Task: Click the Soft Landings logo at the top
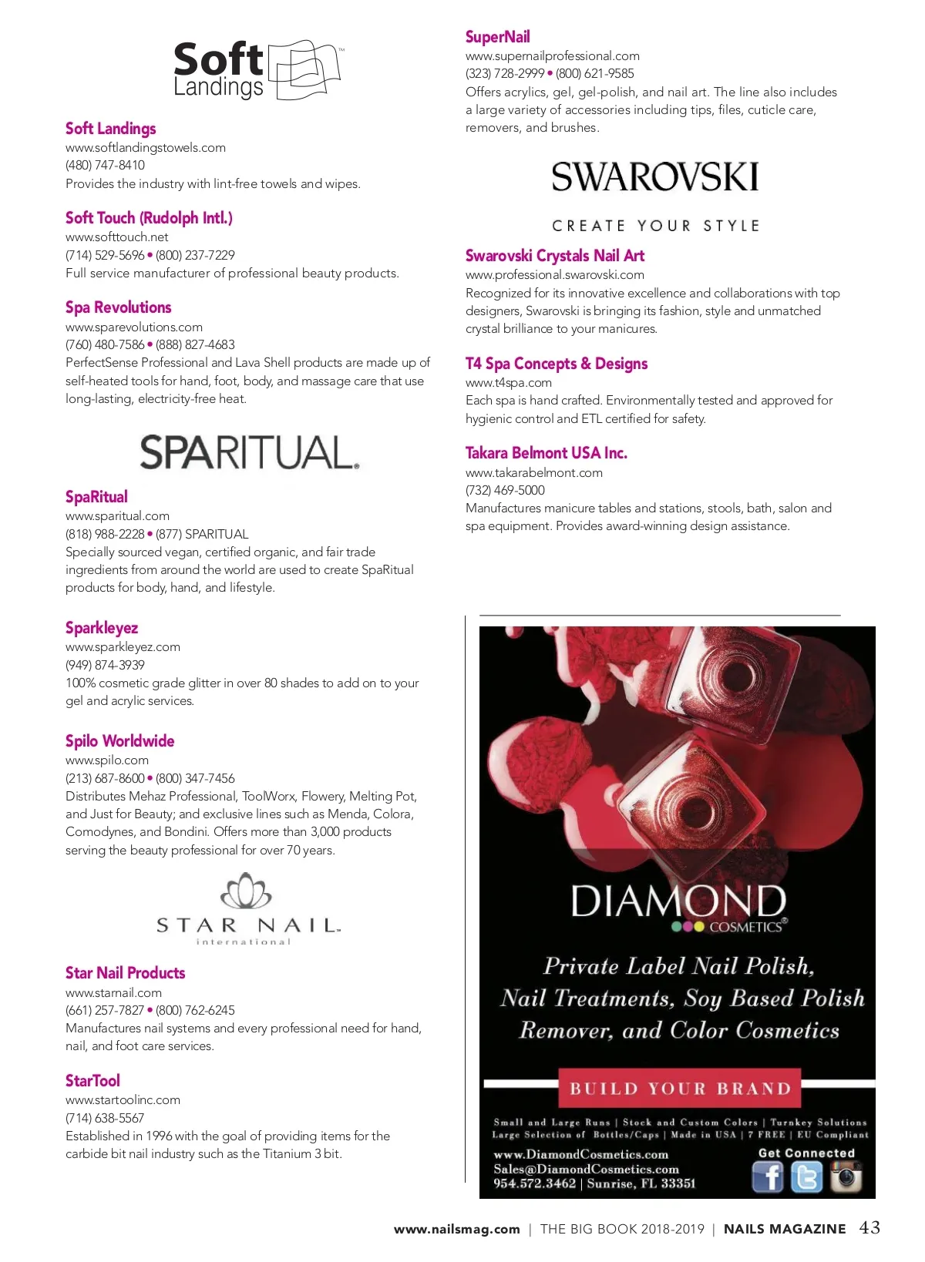pos(257,69)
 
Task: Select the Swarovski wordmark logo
pos(654,177)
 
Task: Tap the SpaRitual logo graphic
pos(249,452)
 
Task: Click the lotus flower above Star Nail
pos(246,891)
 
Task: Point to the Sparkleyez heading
pos(102,628)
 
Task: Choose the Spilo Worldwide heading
pos(119,741)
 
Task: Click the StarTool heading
pos(92,1081)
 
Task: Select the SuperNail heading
pos(497,37)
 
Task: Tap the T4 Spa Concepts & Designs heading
pos(556,364)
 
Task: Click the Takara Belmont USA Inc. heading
pos(546,453)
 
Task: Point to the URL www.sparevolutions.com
pos(134,327)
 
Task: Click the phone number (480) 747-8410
pos(105,165)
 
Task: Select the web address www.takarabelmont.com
pos(533,472)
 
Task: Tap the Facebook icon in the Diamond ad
pos(767,1177)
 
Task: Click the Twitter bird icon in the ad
pos(806,1177)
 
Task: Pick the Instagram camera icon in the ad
pos(846,1177)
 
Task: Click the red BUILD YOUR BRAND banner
pos(680,1088)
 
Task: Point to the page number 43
pos(869,1227)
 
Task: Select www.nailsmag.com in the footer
pos(456,1229)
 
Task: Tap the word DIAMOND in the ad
pos(678,901)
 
